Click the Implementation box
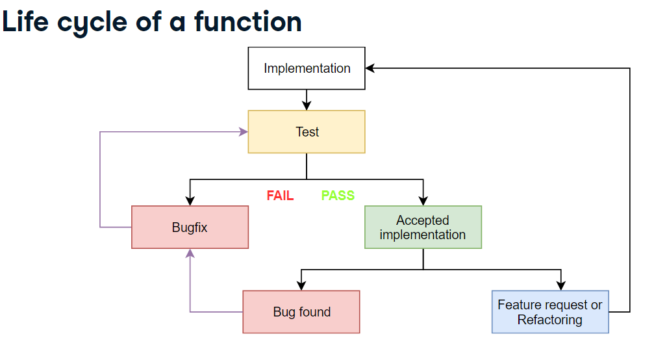(x=307, y=68)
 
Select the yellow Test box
(x=307, y=132)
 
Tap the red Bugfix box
(x=190, y=227)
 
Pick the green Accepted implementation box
(x=423, y=227)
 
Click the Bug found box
(x=301, y=312)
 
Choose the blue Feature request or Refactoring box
(x=550, y=312)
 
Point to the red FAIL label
(x=280, y=196)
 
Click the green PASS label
(x=338, y=196)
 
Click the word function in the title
(x=247, y=22)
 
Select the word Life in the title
(x=26, y=22)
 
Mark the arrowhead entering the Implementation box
(x=370, y=68)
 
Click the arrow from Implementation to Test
(x=307, y=100)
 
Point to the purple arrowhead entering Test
(x=244, y=132)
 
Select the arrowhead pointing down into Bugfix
(x=190, y=201)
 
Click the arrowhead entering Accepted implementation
(x=423, y=201)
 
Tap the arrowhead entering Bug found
(x=301, y=286)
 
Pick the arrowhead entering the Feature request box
(x=561, y=286)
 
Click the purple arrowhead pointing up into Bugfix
(x=190, y=253)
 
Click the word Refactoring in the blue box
(x=550, y=320)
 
